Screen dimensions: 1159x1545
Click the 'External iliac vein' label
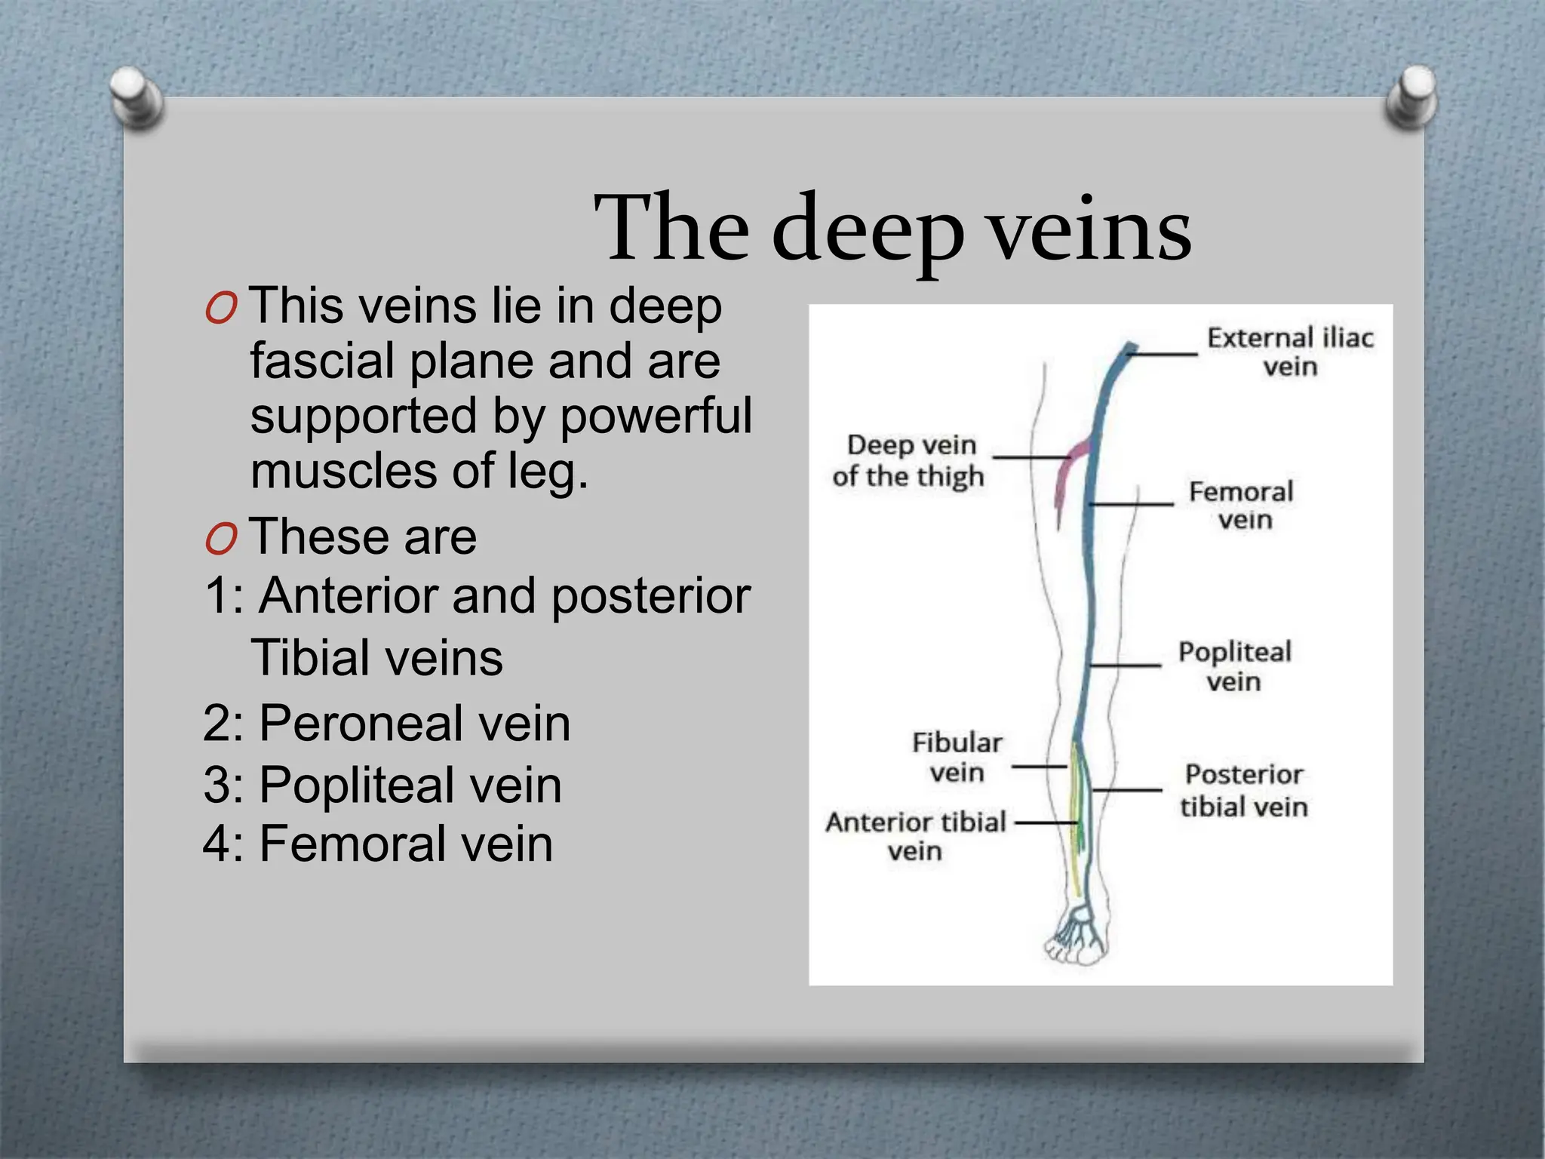[x=1290, y=352]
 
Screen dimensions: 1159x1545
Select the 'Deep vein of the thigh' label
[x=909, y=460]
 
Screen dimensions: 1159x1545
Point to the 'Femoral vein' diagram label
[x=1242, y=506]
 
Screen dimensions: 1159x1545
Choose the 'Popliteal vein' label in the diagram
[x=1234, y=666]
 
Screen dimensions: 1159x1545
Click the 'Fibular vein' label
[x=957, y=757]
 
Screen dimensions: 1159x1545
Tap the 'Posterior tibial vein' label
[x=1243, y=790]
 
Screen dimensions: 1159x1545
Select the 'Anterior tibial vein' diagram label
[x=916, y=836]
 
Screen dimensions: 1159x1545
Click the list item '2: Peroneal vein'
[x=386, y=723]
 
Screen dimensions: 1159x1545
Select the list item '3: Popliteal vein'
[x=382, y=785]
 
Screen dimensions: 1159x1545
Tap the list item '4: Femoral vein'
[x=378, y=844]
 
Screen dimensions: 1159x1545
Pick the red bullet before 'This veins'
[x=221, y=309]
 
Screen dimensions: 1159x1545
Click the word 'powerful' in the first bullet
[x=656, y=416]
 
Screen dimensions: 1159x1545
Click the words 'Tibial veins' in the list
[x=376, y=657]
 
